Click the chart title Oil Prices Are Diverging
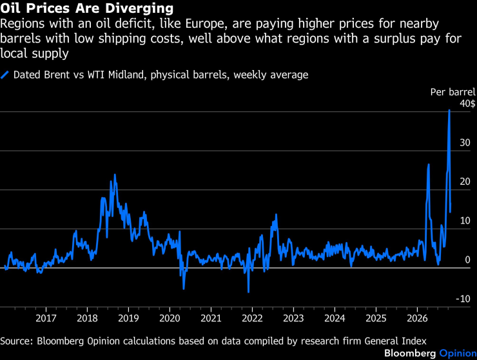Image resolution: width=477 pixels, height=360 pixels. (87, 8)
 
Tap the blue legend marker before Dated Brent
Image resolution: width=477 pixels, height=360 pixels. (5, 75)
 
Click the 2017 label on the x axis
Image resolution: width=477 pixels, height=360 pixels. (46, 318)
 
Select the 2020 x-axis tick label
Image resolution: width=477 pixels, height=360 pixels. (170, 318)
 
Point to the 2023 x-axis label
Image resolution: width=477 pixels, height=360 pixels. (293, 318)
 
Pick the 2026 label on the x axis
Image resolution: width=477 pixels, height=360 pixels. (417, 318)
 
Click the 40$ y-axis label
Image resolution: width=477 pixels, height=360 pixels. (467, 104)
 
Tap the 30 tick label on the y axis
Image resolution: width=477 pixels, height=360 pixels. (465, 142)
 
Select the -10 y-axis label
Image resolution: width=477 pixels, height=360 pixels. (463, 299)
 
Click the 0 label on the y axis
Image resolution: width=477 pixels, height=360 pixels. (467, 260)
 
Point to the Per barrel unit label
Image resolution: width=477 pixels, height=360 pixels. (453, 92)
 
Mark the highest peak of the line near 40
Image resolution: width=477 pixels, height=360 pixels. (449, 110)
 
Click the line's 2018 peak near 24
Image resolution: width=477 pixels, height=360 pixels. (115, 175)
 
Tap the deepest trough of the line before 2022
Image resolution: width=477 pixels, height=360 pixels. (249, 292)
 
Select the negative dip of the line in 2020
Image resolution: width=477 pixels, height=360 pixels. (184, 289)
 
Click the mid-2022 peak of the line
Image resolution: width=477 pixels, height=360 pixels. (277, 214)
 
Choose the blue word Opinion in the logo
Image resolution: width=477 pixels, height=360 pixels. (458, 353)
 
